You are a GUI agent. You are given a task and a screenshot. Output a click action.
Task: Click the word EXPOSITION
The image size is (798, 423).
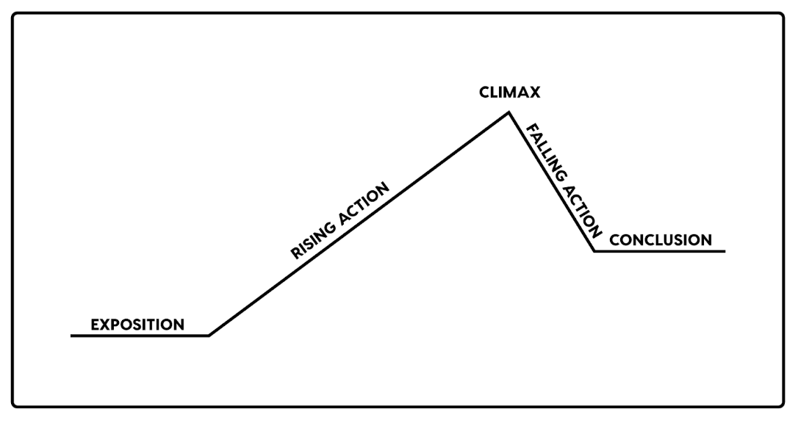(x=137, y=324)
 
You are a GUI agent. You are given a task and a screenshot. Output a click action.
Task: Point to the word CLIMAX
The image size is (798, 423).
(x=509, y=93)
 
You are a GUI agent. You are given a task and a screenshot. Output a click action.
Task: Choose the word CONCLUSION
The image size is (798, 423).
(x=661, y=240)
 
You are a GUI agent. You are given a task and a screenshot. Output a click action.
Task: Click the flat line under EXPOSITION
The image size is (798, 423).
(x=140, y=336)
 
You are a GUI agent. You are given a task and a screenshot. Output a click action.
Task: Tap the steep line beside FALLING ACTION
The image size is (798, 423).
(x=551, y=183)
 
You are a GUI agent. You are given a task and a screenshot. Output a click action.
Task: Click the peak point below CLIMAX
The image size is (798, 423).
(x=508, y=112)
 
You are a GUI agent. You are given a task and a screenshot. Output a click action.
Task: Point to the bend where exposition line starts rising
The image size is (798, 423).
(x=209, y=336)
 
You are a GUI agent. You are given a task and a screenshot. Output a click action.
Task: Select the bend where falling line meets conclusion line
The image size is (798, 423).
(x=594, y=251)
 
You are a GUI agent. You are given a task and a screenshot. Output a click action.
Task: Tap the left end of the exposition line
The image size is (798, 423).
(x=72, y=336)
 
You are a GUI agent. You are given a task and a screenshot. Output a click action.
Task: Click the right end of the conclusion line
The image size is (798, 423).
(x=725, y=251)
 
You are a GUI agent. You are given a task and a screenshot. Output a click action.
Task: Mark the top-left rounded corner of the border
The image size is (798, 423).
(x=15, y=15)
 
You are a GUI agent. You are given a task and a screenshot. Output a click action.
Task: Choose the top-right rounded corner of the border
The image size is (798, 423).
(x=781, y=15)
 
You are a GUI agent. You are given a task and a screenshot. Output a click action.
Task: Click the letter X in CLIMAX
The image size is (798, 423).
(x=536, y=93)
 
